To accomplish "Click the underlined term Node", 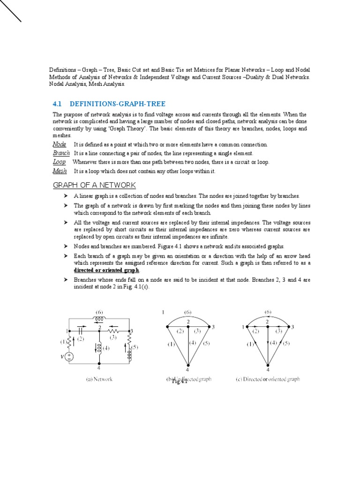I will (59, 144).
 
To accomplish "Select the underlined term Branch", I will (61, 153).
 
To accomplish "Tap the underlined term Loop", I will (59, 162).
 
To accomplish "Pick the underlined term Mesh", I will (60, 171).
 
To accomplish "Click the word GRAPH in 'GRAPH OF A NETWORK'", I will (66, 185).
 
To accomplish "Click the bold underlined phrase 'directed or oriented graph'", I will (106, 270).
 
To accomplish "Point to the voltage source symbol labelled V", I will (69, 357).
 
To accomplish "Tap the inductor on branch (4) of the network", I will (99, 347).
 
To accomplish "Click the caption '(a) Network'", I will (99, 379).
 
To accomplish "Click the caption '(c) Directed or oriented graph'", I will (268, 379).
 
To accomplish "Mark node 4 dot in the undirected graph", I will (188, 364).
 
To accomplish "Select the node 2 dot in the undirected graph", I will (188, 327).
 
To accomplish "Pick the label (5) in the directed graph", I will (286, 344).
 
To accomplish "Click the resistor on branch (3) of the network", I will (113, 330).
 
